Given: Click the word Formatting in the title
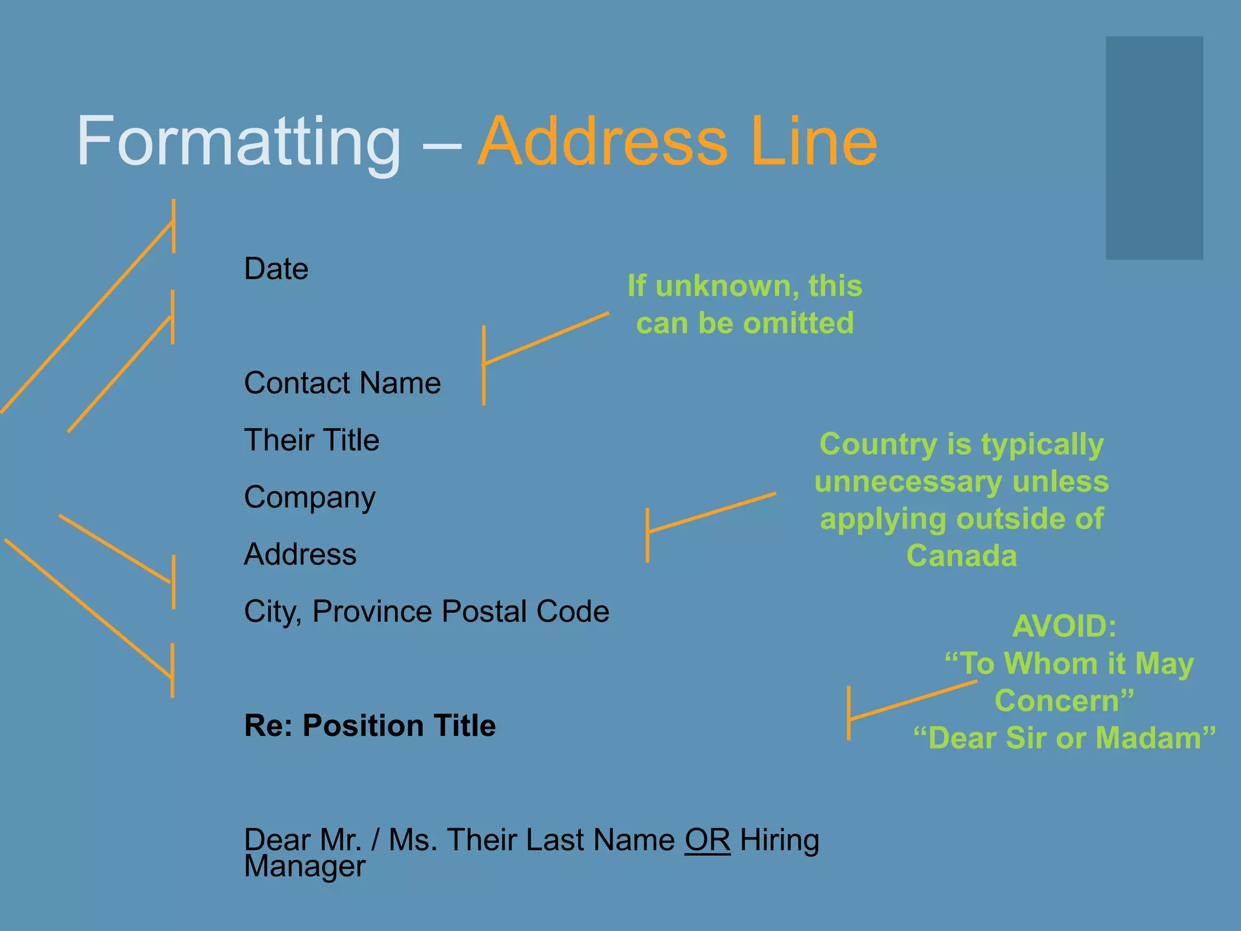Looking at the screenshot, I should [239, 143].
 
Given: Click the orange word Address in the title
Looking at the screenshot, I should [602, 142].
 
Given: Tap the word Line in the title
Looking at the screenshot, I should [813, 142].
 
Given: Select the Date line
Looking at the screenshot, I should [276, 269].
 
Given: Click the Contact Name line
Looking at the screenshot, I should [342, 383].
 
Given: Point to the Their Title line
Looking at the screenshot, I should [311, 440].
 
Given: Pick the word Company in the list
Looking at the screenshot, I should [310, 498].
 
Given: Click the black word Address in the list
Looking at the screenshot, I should [300, 555].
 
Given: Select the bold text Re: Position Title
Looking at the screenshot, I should [370, 726].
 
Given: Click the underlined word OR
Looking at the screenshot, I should [707, 841].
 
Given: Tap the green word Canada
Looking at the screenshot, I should [962, 556].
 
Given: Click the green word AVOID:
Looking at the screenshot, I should [1064, 626].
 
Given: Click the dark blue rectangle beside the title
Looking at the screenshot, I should [1154, 148].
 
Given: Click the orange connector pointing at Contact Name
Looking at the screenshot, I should [545, 339].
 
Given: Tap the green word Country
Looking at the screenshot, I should [878, 444].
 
